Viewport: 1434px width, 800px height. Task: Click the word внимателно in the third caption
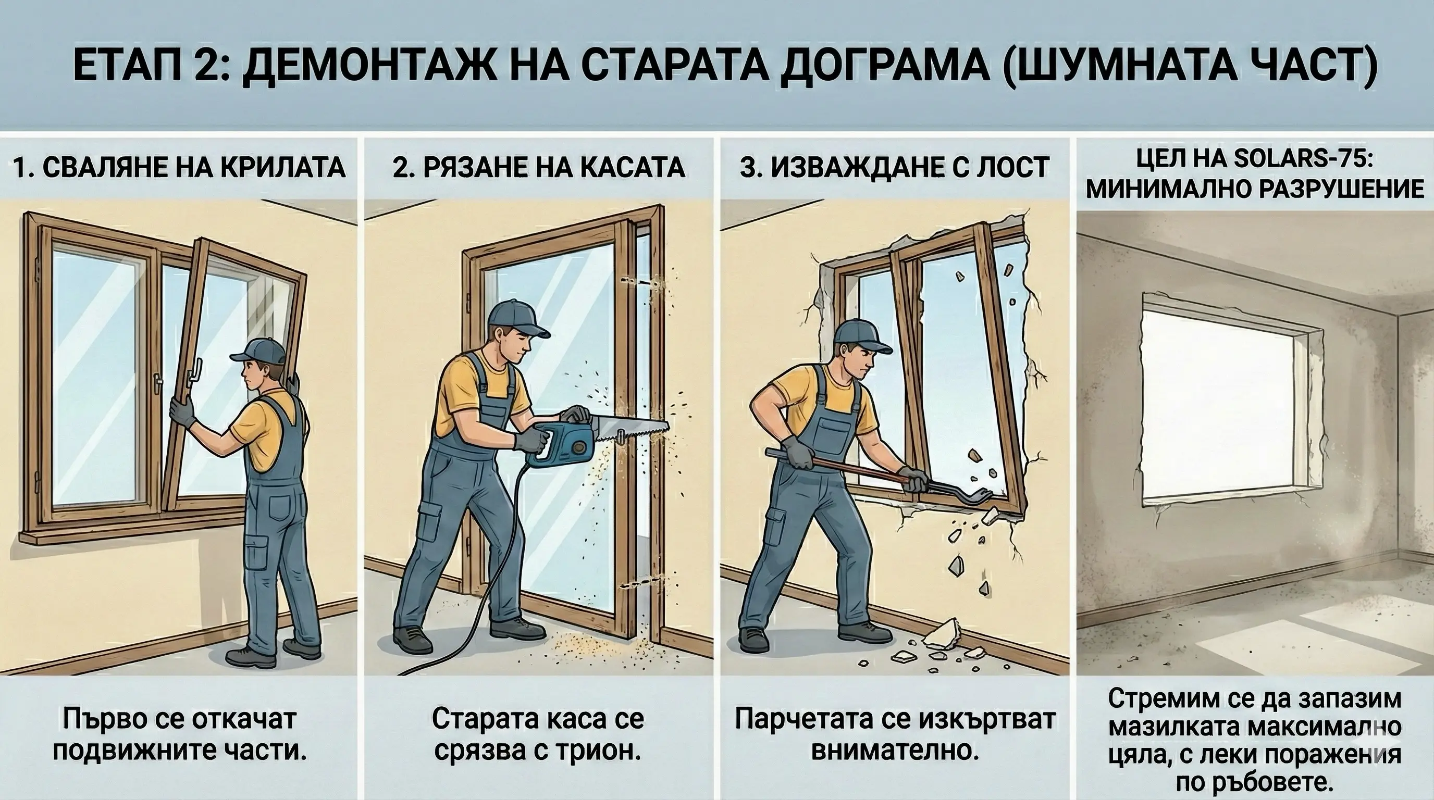click(895, 751)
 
